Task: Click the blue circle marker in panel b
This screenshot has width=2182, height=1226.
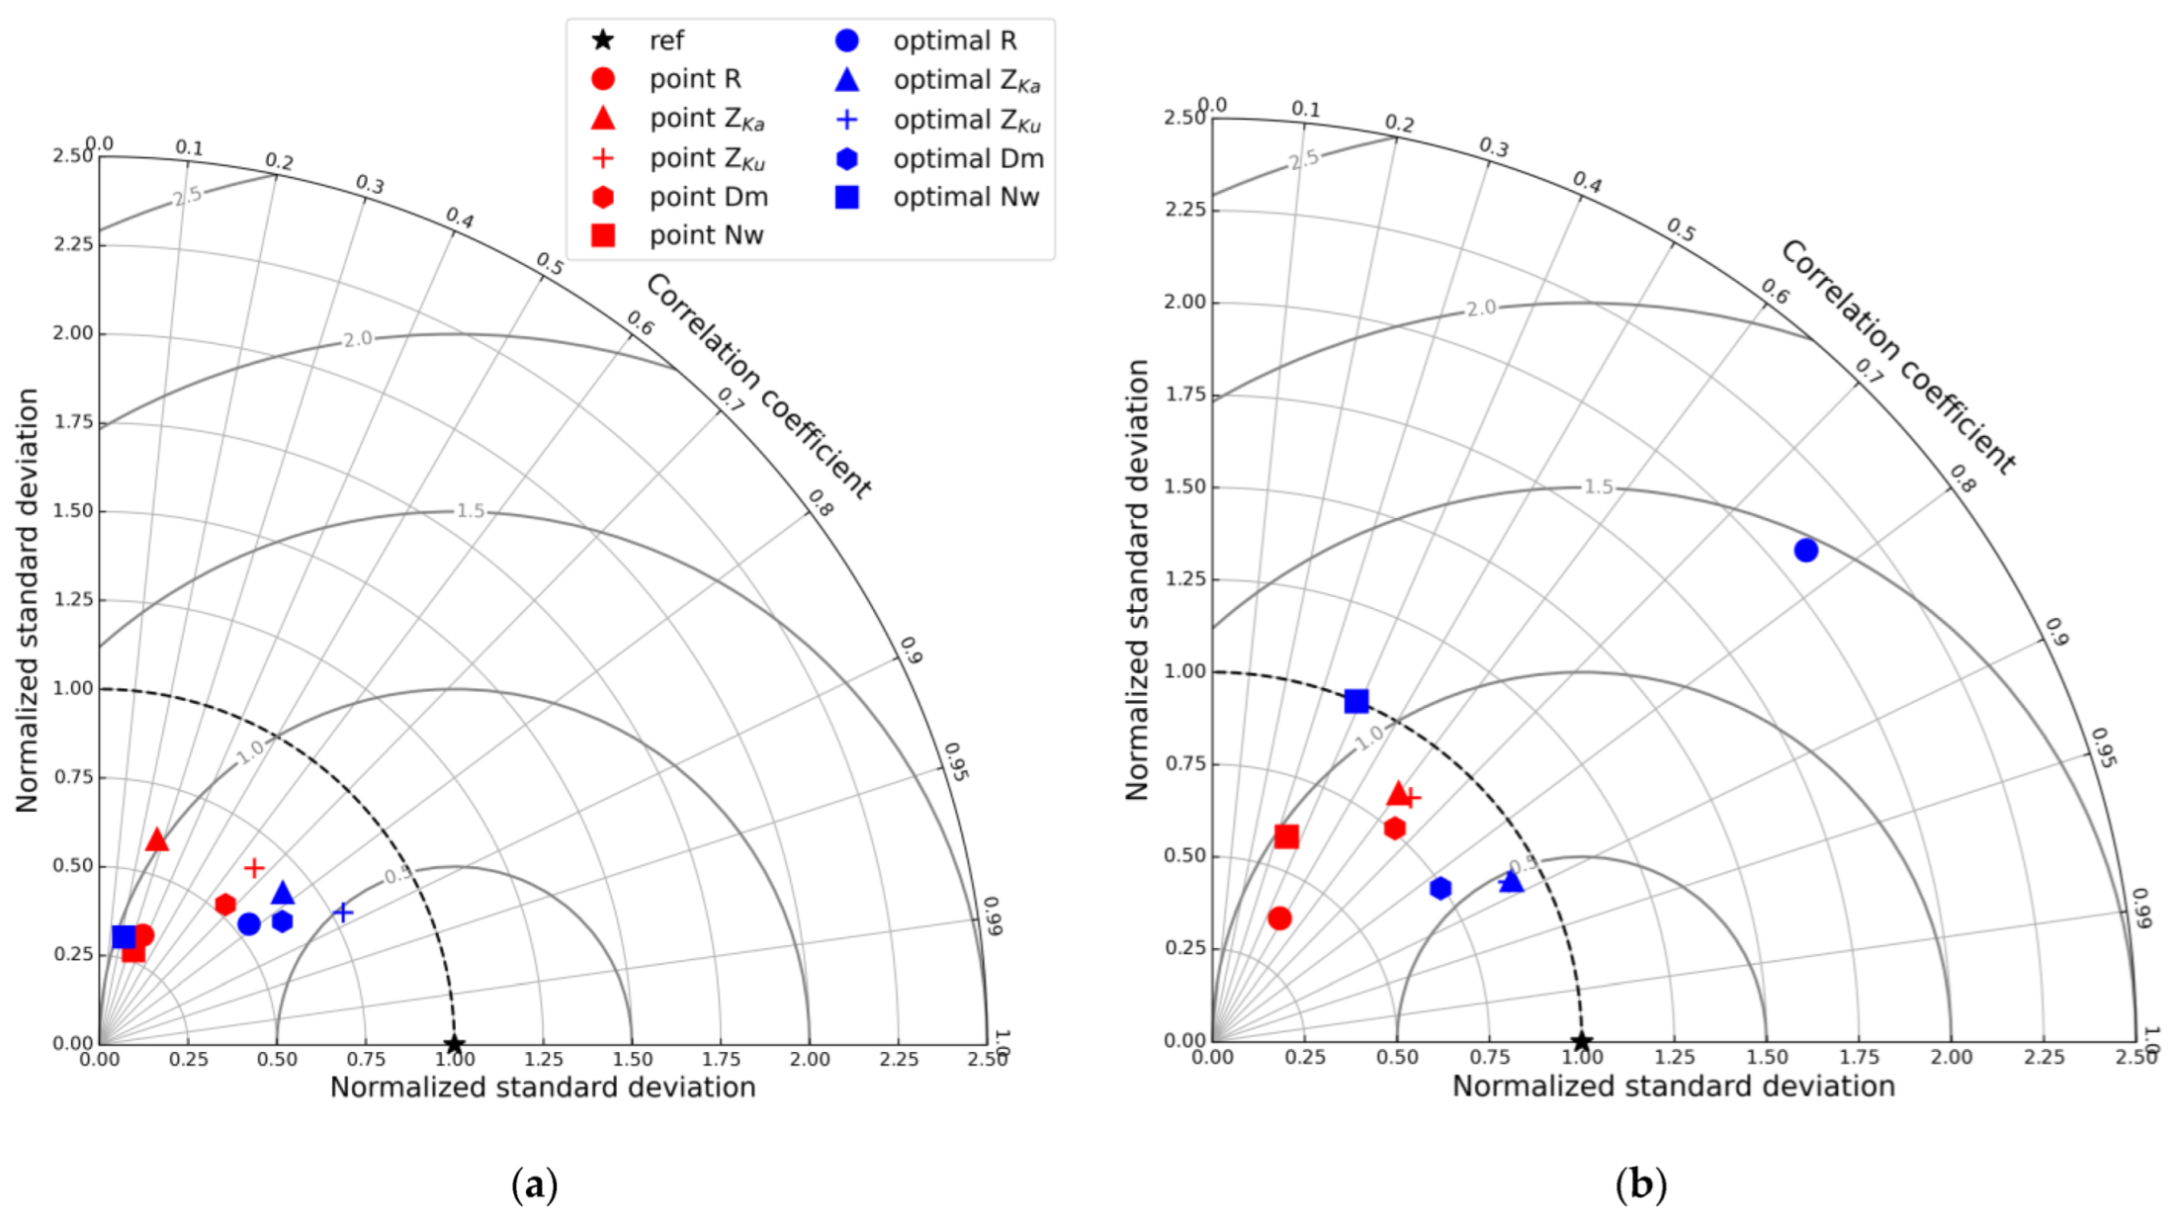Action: (x=1805, y=550)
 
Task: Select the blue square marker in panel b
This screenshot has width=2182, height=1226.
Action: (x=1356, y=701)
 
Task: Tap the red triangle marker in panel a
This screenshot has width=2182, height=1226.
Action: (x=156, y=840)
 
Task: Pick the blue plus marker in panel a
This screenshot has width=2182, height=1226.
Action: (x=343, y=912)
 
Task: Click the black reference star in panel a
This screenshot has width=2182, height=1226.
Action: (x=454, y=1044)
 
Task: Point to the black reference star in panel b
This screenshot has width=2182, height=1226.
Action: (x=1582, y=1042)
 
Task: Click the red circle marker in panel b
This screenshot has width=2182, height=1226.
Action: (x=1279, y=918)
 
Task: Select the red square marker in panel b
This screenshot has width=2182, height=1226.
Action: (x=1286, y=836)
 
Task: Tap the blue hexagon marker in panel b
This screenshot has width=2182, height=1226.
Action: (x=1440, y=888)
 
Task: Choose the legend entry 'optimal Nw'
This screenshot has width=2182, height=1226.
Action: (x=965, y=197)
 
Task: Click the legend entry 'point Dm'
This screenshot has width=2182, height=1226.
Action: (x=708, y=197)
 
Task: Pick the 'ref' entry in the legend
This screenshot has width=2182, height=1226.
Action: (x=665, y=41)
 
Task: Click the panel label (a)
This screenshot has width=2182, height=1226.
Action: (x=535, y=1183)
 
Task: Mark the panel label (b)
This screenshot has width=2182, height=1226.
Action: (x=1640, y=1183)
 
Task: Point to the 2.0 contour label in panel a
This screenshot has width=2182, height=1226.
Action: (x=358, y=339)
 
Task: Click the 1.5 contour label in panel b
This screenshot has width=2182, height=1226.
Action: (x=1599, y=486)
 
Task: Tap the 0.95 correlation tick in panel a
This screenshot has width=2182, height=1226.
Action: (x=955, y=761)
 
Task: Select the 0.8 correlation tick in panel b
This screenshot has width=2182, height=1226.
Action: (x=1963, y=479)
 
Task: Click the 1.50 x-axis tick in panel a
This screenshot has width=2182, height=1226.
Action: (x=632, y=1060)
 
